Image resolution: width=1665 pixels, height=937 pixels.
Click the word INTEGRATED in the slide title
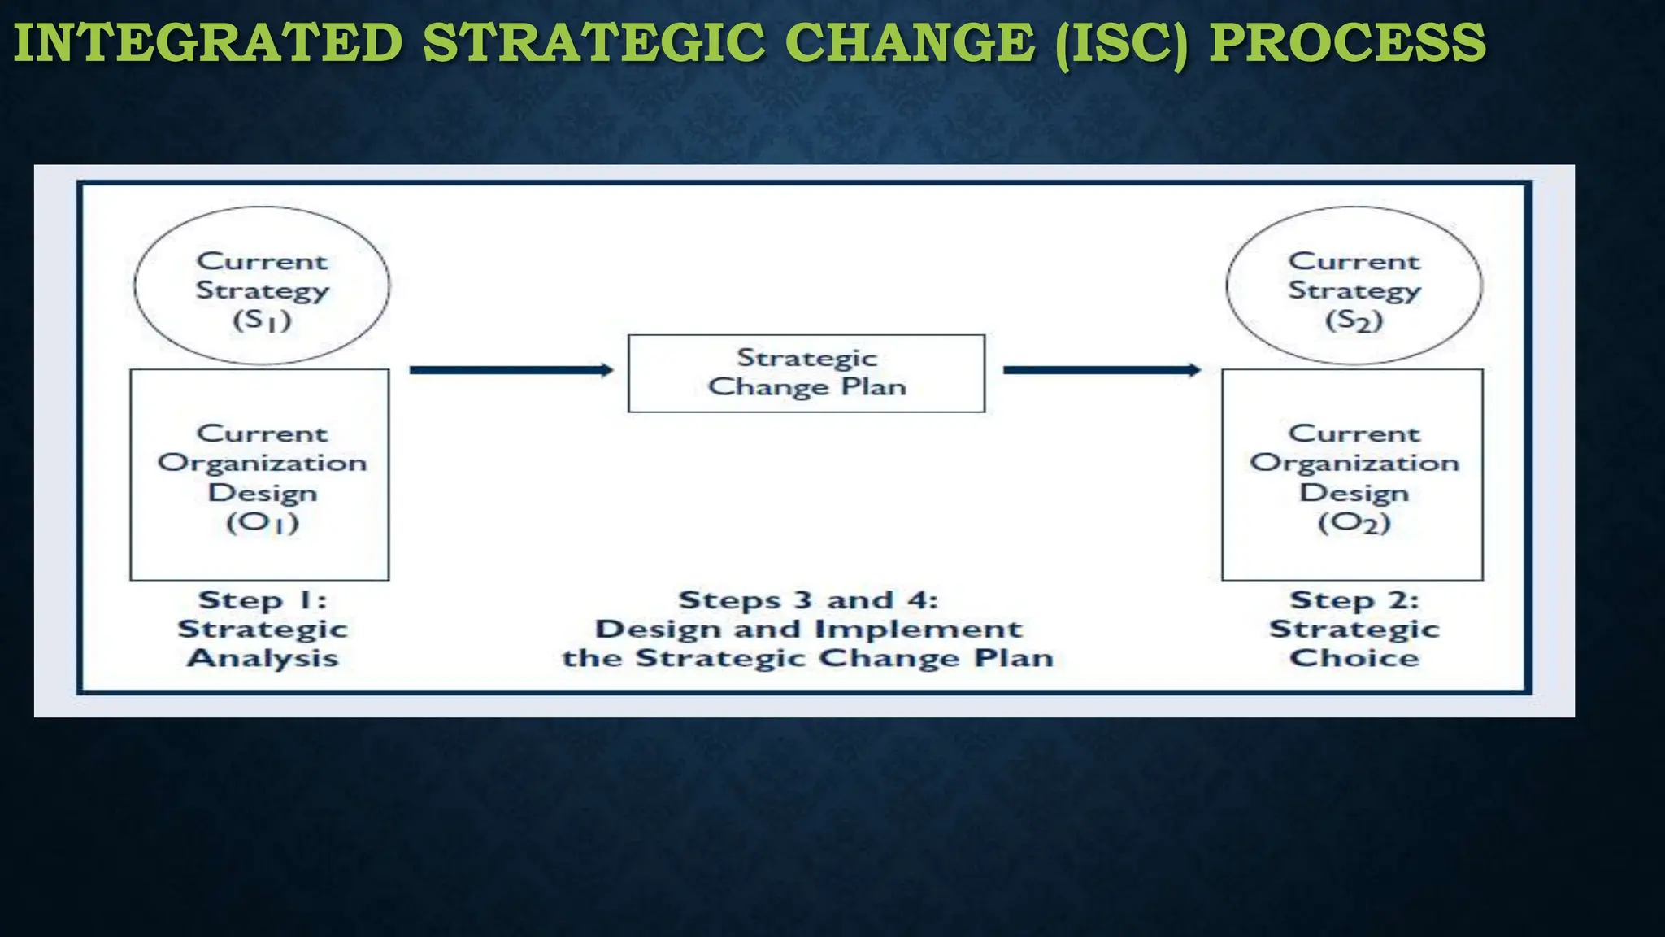(208, 43)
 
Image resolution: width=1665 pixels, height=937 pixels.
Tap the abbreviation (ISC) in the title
(1122, 45)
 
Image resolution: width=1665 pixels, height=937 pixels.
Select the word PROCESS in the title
(1347, 43)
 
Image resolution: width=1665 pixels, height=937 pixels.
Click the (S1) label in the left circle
(262, 320)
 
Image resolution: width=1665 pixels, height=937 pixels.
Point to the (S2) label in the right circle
(1354, 320)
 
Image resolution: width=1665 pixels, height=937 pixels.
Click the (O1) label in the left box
(263, 522)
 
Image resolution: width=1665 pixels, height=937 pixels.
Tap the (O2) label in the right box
(1354, 522)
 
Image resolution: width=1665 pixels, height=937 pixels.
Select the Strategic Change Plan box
(806, 373)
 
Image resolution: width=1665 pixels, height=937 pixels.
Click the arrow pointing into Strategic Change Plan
(511, 370)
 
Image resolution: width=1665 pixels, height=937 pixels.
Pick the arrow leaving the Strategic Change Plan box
(1102, 370)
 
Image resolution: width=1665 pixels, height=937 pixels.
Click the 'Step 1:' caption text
(263, 600)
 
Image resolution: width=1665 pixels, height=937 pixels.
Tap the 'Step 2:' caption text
(1354, 600)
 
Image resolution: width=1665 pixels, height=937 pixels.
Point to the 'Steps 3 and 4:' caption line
(808, 600)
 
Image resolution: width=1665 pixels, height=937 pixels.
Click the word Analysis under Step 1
(263, 658)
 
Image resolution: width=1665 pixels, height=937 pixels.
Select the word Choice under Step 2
(1354, 658)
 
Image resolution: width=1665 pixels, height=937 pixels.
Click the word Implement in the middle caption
(918, 630)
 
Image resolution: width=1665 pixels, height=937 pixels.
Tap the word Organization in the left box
(263, 464)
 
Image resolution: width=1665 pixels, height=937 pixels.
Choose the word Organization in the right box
(1354, 464)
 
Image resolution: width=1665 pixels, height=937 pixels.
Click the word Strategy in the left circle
(263, 291)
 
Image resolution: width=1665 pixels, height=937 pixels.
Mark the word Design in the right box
(1354, 493)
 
